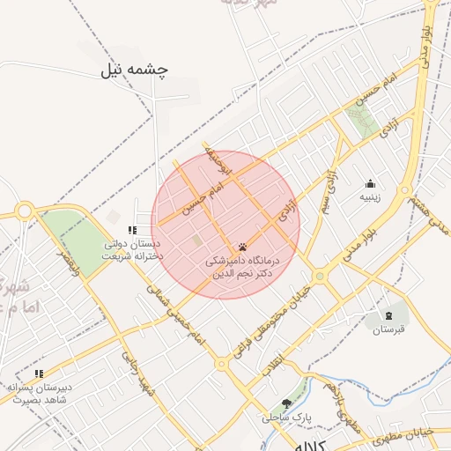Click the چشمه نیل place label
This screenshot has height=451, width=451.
134,69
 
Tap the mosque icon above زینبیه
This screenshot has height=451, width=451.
370,183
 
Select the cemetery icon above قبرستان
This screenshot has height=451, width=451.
388,315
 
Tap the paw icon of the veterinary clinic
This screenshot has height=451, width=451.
241,247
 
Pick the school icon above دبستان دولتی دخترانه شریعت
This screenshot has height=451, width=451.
133,231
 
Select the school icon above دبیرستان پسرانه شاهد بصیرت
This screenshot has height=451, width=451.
39,373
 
